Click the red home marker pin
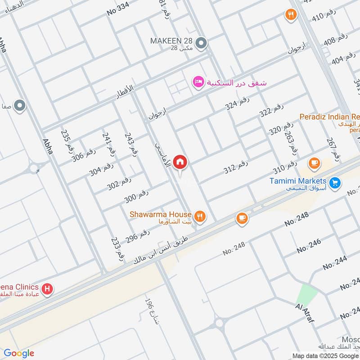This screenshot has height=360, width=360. [x=180, y=162]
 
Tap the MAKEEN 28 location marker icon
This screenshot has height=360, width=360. [x=202, y=43]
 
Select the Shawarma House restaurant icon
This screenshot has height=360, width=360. [x=200, y=216]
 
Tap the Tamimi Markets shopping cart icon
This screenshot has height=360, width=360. [x=334, y=183]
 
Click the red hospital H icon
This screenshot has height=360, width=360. [x=46, y=288]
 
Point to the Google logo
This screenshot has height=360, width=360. [x=18, y=353]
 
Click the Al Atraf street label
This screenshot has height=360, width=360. [x=305, y=314]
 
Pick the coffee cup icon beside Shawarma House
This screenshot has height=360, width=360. [x=242, y=218]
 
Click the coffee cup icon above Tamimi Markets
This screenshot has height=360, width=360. [x=314, y=163]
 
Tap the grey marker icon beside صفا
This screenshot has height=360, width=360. [x=19, y=106]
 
